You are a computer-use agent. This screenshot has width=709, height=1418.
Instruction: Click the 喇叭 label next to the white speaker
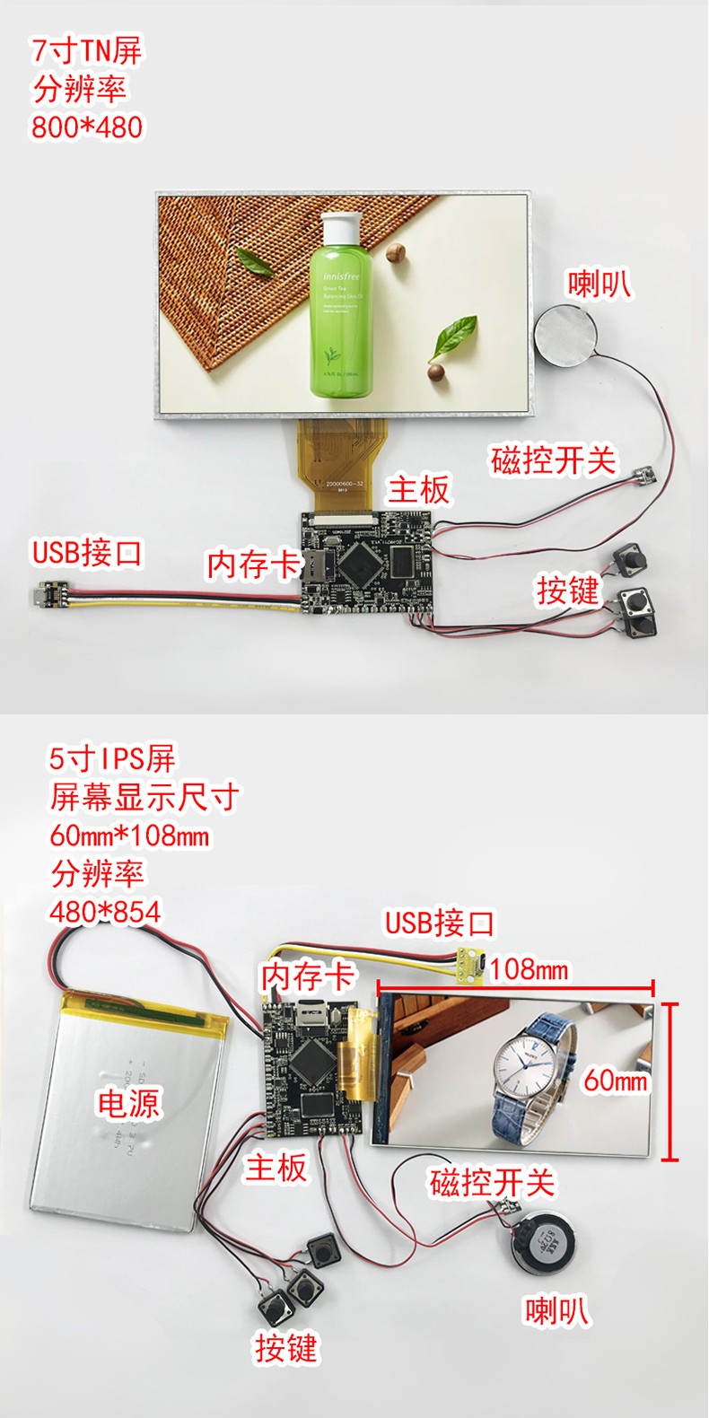click(598, 284)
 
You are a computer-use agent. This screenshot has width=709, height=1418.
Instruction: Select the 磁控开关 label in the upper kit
click(554, 460)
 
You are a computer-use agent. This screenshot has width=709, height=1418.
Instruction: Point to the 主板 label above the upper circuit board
click(418, 490)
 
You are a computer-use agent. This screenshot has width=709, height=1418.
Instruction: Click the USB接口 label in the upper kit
click(87, 552)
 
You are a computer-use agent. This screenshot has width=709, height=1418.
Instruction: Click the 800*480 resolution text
click(87, 127)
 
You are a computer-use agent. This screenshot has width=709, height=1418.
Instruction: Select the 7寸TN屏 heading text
click(87, 50)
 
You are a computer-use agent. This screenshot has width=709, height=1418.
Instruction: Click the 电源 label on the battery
click(127, 1103)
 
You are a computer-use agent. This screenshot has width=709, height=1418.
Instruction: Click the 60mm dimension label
click(615, 1080)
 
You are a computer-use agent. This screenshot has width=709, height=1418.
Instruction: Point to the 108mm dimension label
click(529, 969)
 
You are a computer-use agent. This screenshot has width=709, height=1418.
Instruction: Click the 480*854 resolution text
click(105, 912)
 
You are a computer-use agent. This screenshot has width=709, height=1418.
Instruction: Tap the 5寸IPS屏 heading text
click(112, 758)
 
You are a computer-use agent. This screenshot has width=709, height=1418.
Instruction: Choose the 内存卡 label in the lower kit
click(308, 976)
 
